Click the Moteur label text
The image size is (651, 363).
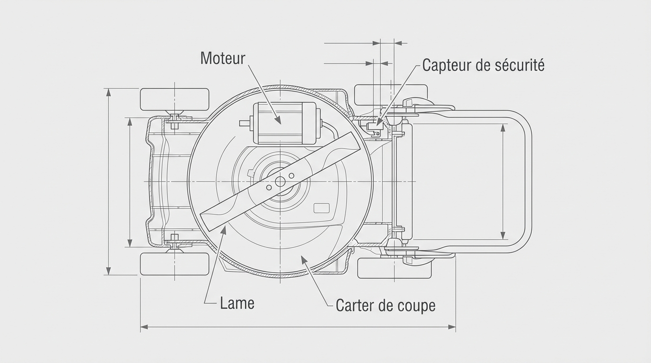[223, 58]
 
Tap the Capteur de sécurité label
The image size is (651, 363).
[483, 65]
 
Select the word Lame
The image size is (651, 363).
[237, 303]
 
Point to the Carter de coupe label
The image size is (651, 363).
[385, 305]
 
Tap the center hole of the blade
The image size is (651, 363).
[280, 181]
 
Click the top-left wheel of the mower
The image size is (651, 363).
[175, 99]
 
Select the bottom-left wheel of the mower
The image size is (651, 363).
[175, 264]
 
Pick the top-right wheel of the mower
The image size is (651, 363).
[391, 95]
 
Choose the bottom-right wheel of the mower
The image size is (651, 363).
[394, 268]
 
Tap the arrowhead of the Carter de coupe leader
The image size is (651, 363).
[303, 257]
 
